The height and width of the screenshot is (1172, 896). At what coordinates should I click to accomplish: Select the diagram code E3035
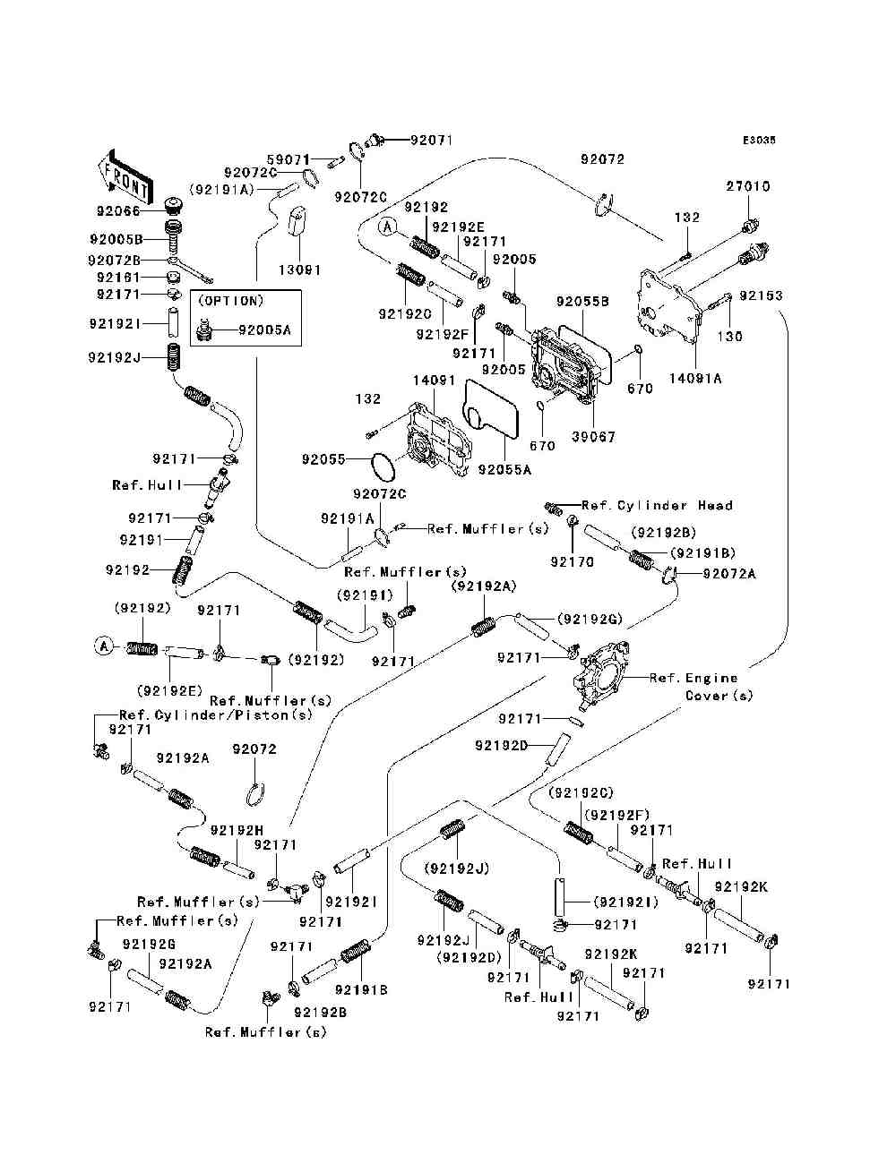(x=759, y=141)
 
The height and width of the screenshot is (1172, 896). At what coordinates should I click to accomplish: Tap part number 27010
(x=747, y=186)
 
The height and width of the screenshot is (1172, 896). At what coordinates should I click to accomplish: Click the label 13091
(x=299, y=270)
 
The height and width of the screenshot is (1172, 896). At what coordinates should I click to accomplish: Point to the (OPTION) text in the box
(x=231, y=301)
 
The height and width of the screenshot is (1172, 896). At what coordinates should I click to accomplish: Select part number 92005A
(x=264, y=330)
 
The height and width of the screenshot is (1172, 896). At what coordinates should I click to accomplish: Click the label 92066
(x=118, y=211)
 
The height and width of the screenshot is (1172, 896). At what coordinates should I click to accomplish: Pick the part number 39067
(x=593, y=437)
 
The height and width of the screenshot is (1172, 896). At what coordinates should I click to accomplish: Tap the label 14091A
(x=695, y=379)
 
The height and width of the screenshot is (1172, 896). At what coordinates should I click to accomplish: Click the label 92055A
(x=504, y=470)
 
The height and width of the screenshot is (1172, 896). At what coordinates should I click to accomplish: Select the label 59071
(x=289, y=159)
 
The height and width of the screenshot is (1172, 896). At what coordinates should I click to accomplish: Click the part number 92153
(x=761, y=295)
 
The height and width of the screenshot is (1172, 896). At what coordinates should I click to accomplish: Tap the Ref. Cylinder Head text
(x=657, y=505)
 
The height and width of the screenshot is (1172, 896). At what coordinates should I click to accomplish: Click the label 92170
(x=573, y=561)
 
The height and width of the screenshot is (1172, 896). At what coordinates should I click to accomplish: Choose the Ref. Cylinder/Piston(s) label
(x=215, y=714)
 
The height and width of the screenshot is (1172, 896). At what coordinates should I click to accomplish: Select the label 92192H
(x=237, y=830)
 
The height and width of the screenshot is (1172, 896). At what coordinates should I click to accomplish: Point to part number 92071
(x=431, y=141)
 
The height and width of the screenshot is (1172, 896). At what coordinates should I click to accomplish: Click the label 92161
(x=118, y=278)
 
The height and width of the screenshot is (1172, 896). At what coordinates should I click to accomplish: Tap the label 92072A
(x=729, y=573)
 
